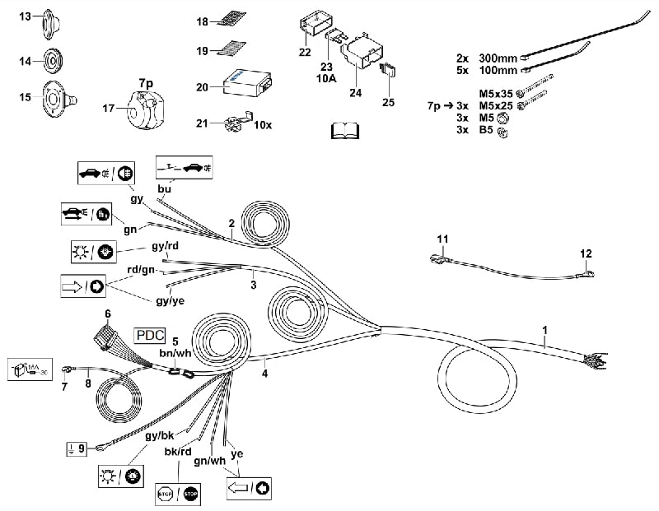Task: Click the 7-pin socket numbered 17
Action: point(144,108)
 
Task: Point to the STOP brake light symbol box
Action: point(179,494)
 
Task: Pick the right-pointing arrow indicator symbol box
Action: point(84,287)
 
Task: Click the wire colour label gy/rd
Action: point(165,246)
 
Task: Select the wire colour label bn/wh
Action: point(175,353)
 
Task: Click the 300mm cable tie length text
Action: point(496,58)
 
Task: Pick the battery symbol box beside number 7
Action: point(30,369)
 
